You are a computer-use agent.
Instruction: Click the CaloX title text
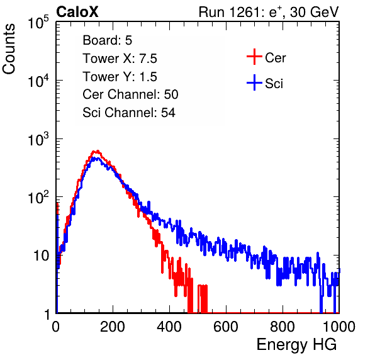(77, 12)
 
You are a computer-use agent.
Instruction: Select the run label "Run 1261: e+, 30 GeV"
(269, 12)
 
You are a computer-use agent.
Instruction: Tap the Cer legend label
(275, 58)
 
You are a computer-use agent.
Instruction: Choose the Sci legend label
(274, 84)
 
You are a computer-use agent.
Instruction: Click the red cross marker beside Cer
(254, 57)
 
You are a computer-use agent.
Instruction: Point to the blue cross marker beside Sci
(254, 82)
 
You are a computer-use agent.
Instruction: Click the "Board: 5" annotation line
(108, 40)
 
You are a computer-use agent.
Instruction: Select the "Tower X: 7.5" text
(120, 59)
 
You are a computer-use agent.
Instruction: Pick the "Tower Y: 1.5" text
(120, 77)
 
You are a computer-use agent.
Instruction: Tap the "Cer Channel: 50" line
(130, 94)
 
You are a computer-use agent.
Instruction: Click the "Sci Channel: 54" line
(129, 113)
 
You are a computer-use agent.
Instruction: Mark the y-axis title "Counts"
(9, 49)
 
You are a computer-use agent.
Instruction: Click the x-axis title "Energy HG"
(296, 345)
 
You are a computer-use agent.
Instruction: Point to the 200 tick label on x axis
(113, 327)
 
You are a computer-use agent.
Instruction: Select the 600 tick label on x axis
(226, 327)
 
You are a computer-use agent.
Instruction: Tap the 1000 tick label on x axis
(339, 327)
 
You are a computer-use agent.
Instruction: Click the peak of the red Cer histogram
(96, 151)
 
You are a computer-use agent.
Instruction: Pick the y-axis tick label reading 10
(41, 256)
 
